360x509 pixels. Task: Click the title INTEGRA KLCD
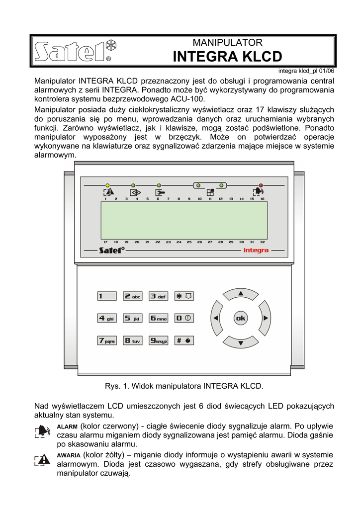(227, 57)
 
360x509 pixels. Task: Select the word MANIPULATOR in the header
(227, 43)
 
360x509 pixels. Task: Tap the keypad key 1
(106, 296)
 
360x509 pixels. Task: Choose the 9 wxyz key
(159, 340)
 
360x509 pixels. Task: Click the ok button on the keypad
(240, 318)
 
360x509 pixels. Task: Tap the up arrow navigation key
(241, 294)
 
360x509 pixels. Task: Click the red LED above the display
(260, 185)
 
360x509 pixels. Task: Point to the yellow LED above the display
(107, 185)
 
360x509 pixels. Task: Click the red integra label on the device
(256, 251)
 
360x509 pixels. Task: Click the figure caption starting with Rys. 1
(184, 386)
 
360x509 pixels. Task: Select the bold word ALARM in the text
(67, 427)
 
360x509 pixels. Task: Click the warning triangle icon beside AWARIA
(43, 459)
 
